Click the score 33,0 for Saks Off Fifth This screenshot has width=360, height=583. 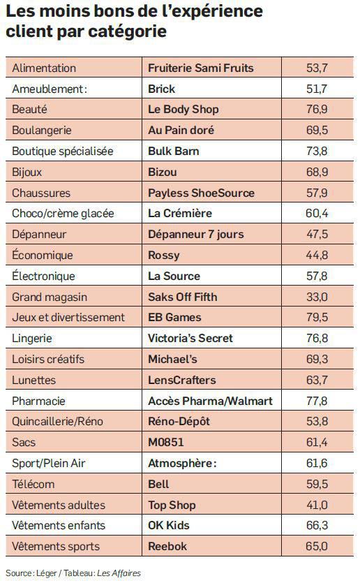317,297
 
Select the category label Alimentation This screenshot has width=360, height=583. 44,68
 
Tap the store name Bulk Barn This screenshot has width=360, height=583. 174,151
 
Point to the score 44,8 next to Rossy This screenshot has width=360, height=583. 317,255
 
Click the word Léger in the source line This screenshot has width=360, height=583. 47,573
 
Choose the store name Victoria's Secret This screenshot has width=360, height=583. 190,338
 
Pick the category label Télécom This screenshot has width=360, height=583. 33,484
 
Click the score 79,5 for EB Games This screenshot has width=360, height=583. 317,317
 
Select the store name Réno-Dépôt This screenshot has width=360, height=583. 179,421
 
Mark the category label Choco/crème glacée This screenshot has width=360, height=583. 63,214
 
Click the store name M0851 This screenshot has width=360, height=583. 165,442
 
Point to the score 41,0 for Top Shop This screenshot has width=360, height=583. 317,505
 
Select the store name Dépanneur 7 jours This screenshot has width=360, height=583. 196,234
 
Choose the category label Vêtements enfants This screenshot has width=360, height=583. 59,525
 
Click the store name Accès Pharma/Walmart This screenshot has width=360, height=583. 210,401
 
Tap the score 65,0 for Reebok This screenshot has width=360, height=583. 317,546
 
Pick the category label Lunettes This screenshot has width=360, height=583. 33,380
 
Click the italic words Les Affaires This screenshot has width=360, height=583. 119,573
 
